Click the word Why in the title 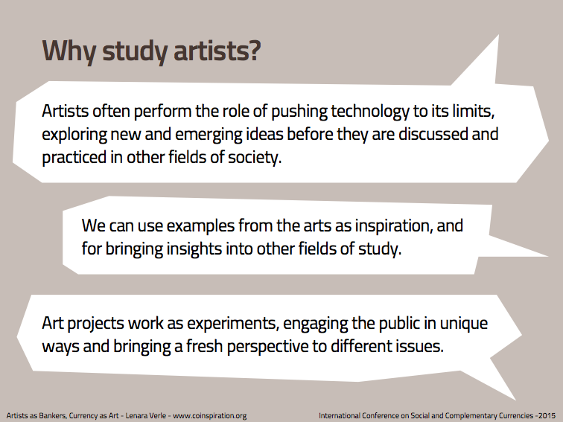pos(69,51)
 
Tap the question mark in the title pos(253,51)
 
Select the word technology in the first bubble pos(370,112)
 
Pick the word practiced pos(74,158)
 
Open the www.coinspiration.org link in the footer pos(210,416)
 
